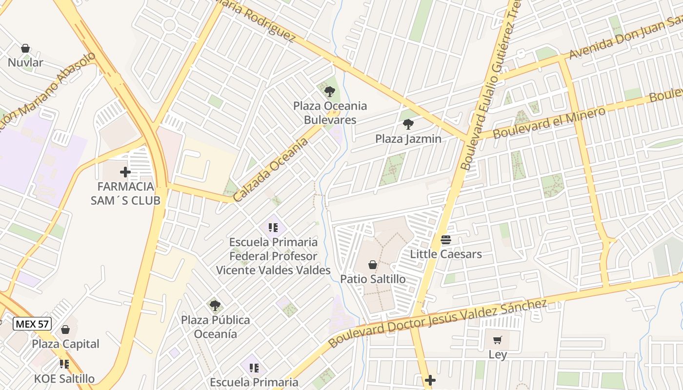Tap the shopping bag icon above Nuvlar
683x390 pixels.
25,48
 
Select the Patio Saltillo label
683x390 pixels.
373,279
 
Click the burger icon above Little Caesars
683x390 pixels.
445,240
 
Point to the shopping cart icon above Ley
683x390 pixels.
497,340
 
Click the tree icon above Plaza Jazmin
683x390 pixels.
408,124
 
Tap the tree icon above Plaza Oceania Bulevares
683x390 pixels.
329,91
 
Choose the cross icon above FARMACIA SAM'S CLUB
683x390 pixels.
125,172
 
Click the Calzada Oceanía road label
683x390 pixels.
271,170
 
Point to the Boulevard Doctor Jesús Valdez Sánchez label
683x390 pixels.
437,323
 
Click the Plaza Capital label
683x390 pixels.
65,344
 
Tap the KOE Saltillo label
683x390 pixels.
64,378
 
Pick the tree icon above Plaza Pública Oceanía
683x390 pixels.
215,306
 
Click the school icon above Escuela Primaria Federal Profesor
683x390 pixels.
273,227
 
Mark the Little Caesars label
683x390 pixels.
445,254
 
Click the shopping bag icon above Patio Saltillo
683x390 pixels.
373,265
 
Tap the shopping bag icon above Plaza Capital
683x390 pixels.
65,330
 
